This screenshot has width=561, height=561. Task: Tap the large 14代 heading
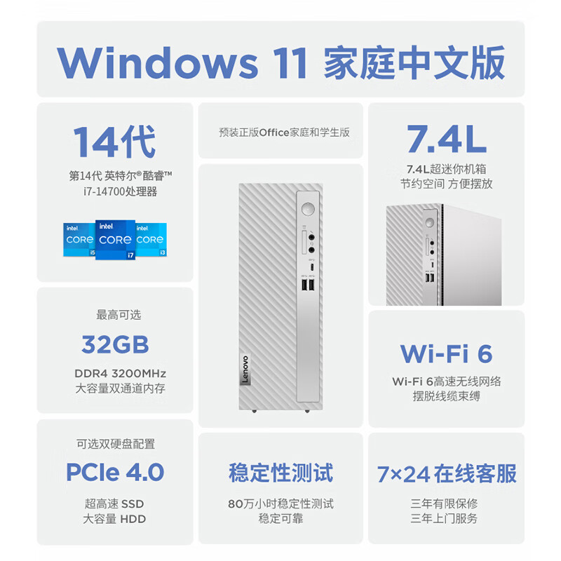115,141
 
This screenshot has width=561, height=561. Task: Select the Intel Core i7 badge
115,240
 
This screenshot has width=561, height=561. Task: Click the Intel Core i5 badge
79,240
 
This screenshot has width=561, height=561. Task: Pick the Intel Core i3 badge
150,240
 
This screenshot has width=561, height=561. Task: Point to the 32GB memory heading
115,344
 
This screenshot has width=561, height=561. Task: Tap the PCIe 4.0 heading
115,471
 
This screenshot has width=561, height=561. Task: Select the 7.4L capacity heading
446,140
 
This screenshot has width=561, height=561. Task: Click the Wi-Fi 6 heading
446,352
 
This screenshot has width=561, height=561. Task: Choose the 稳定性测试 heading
280,472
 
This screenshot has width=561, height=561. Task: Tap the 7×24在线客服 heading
446,473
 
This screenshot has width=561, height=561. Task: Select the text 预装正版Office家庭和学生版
284,132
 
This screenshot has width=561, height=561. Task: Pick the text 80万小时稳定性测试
280,503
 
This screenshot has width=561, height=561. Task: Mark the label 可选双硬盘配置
116,443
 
